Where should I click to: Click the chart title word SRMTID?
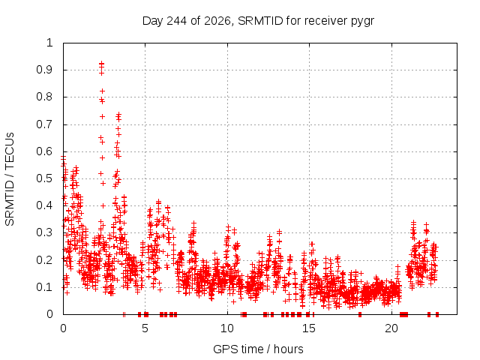(x=260, y=21)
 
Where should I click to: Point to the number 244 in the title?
(x=177, y=21)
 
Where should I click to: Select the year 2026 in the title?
(x=217, y=21)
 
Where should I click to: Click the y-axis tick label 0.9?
(x=45, y=70)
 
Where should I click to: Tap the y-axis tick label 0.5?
(x=45, y=178)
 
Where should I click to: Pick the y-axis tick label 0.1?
(x=45, y=287)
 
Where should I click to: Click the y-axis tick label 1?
(x=50, y=43)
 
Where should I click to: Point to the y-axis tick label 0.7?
(x=45, y=124)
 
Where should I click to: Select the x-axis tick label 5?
(x=145, y=328)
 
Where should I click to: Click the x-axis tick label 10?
(x=227, y=328)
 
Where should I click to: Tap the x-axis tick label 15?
(x=309, y=328)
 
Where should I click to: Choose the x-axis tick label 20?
(x=391, y=328)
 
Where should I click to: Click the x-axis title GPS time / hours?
(x=258, y=349)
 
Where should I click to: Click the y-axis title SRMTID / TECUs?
(x=10, y=179)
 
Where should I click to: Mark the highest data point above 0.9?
(x=101, y=63)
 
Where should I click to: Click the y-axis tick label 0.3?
(x=45, y=232)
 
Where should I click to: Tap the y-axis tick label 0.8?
(x=45, y=97)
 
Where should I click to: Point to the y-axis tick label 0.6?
(x=45, y=151)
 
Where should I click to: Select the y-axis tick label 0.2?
(x=45, y=260)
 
